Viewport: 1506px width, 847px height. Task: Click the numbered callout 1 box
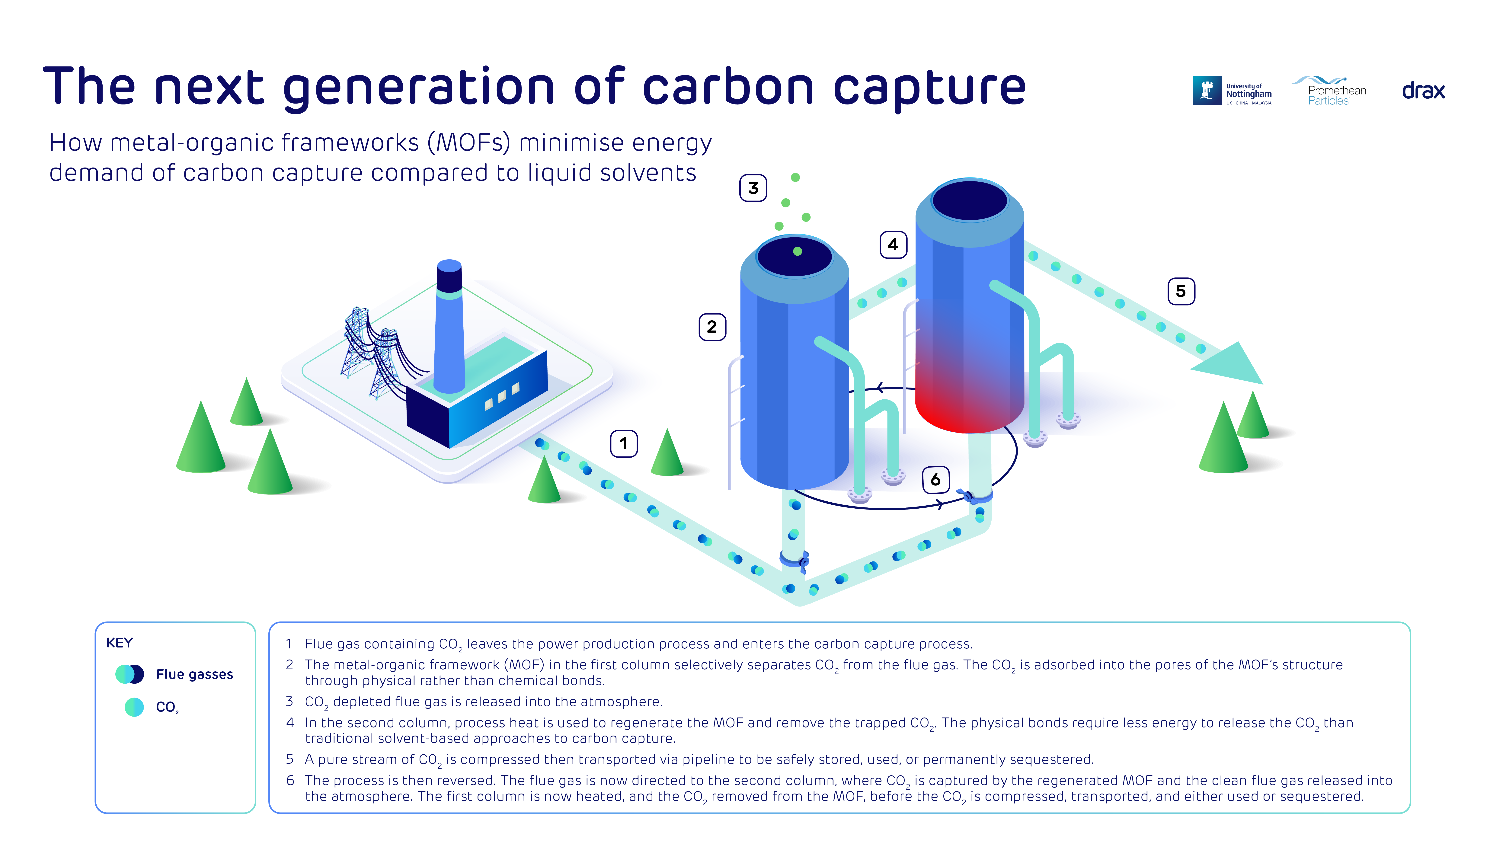click(x=624, y=444)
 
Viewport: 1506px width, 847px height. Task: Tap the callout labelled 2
click(x=712, y=327)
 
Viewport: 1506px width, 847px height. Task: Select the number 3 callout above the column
click(x=753, y=188)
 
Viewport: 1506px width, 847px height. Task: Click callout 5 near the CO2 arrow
click(x=1181, y=291)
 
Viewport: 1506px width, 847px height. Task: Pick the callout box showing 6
click(x=935, y=480)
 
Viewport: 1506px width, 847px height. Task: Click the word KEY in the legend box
click(x=119, y=643)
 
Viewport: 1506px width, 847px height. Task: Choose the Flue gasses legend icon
click(x=130, y=674)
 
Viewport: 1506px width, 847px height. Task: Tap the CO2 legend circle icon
click(x=134, y=707)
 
